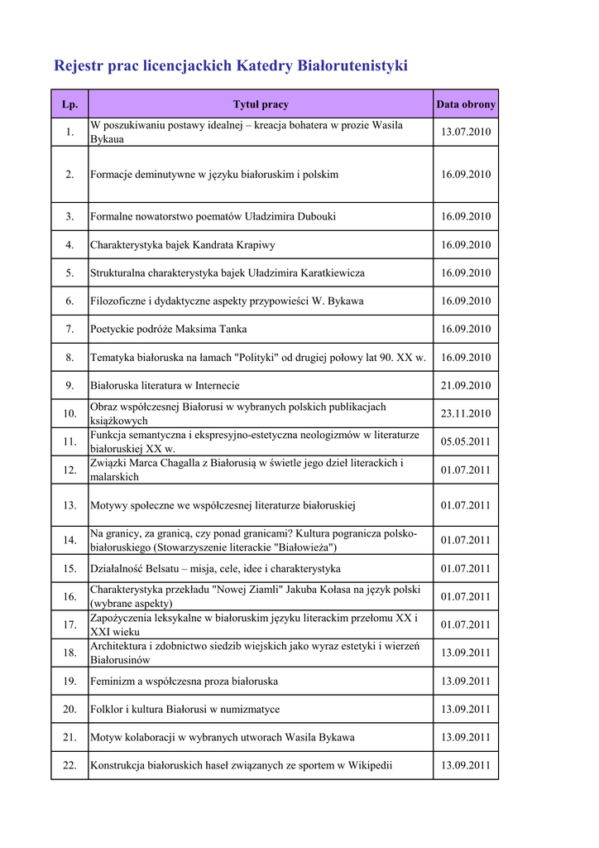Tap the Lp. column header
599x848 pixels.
pos(69,104)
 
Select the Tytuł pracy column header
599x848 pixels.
pos(261,104)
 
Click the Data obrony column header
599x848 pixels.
pos(466,104)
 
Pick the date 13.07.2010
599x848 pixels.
pos(466,132)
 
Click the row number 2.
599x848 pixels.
pos(69,175)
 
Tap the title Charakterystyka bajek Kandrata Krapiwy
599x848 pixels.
pos(183,245)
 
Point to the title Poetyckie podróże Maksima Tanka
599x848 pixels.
pos(168,330)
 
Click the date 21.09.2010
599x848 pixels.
pos(466,386)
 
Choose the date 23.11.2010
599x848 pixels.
pos(466,414)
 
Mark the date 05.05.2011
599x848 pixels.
pos(466,442)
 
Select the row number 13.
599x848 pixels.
pos(69,505)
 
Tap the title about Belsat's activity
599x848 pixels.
pos(215,569)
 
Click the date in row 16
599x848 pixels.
pos(466,597)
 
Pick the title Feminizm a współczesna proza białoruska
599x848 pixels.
pos(184,682)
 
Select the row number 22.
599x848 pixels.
pos(69,766)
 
